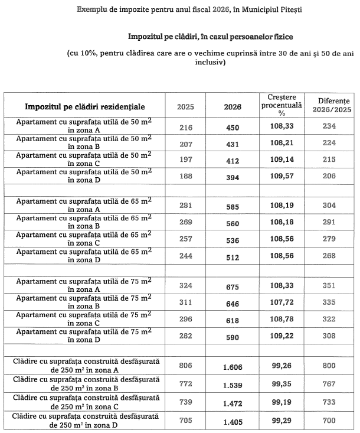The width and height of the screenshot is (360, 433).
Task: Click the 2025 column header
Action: (x=185, y=107)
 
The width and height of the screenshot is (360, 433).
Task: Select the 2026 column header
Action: (x=233, y=107)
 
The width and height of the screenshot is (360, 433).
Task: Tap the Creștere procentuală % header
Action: (x=282, y=104)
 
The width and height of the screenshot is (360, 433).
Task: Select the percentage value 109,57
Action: (x=282, y=176)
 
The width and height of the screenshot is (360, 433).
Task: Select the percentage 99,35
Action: (x=282, y=384)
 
